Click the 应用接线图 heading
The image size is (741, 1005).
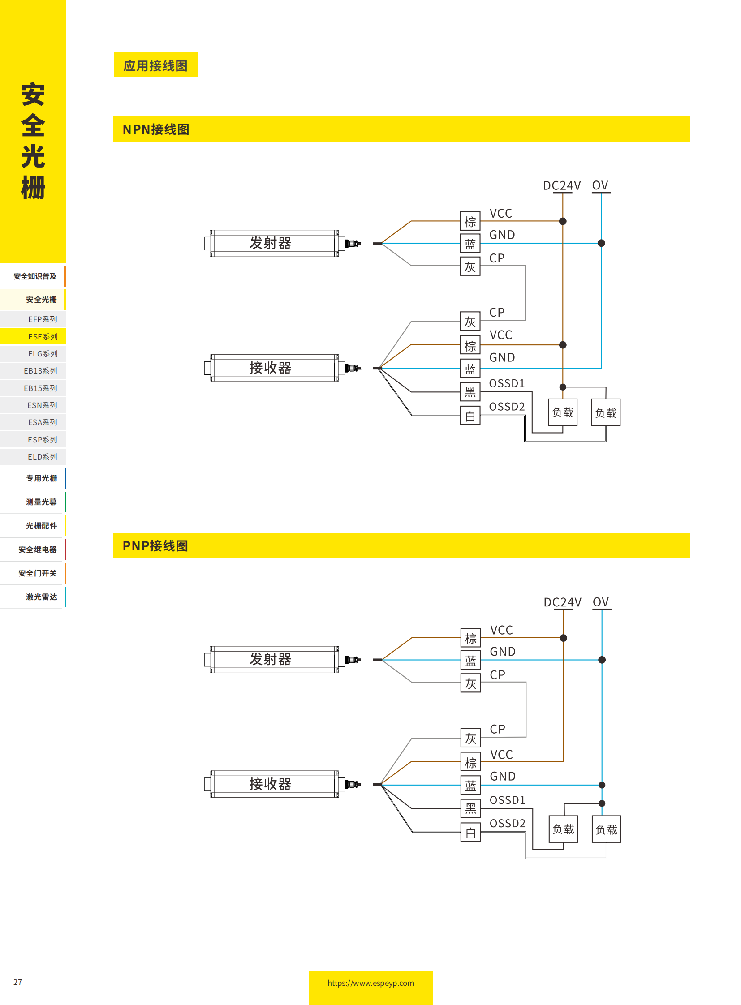(x=155, y=65)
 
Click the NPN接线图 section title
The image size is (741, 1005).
(x=155, y=129)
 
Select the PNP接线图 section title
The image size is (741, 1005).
(x=155, y=546)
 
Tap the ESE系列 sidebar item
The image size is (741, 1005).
(x=43, y=336)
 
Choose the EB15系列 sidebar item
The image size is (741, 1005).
(x=40, y=388)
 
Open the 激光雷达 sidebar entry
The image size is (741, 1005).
(x=41, y=597)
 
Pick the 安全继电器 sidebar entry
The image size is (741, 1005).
(x=38, y=550)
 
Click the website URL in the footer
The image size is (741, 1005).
(x=370, y=983)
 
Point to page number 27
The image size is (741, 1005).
(x=17, y=982)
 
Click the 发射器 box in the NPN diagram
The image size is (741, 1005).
(x=271, y=243)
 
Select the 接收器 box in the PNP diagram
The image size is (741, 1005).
(x=271, y=784)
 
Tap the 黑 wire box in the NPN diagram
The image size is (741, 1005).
(x=470, y=392)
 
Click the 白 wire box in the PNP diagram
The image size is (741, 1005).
(x=470, y=832)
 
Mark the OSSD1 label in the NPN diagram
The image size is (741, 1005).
(x=506, y=383)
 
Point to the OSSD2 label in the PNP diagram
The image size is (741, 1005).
(x=507, y=823)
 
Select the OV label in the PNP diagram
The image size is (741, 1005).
(x=601, y=601)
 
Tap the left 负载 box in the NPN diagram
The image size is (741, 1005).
(x=563, y=412)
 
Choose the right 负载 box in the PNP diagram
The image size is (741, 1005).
(x=606, y=829)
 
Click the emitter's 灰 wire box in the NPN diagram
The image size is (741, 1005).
(x=470, y=266)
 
